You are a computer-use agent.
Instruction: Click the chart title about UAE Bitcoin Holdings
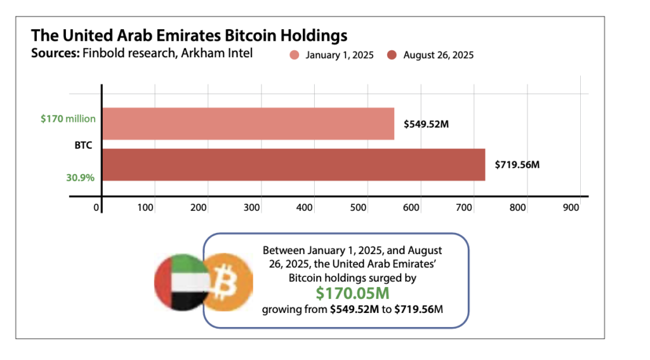click(189, 34)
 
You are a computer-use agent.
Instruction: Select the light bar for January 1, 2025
click(248, 123)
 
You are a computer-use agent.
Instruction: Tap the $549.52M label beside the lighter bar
click(427, 123)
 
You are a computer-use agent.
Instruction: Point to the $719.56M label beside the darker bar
click(518, 164)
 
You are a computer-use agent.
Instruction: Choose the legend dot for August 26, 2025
click(392, 55)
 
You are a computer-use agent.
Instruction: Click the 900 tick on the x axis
click(571, 208)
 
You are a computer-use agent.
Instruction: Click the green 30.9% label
click(80, 178)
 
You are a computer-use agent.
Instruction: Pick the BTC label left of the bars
click(84, 145)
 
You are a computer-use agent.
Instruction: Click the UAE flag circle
click(180, 281)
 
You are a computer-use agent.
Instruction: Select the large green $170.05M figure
click(353, 293)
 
